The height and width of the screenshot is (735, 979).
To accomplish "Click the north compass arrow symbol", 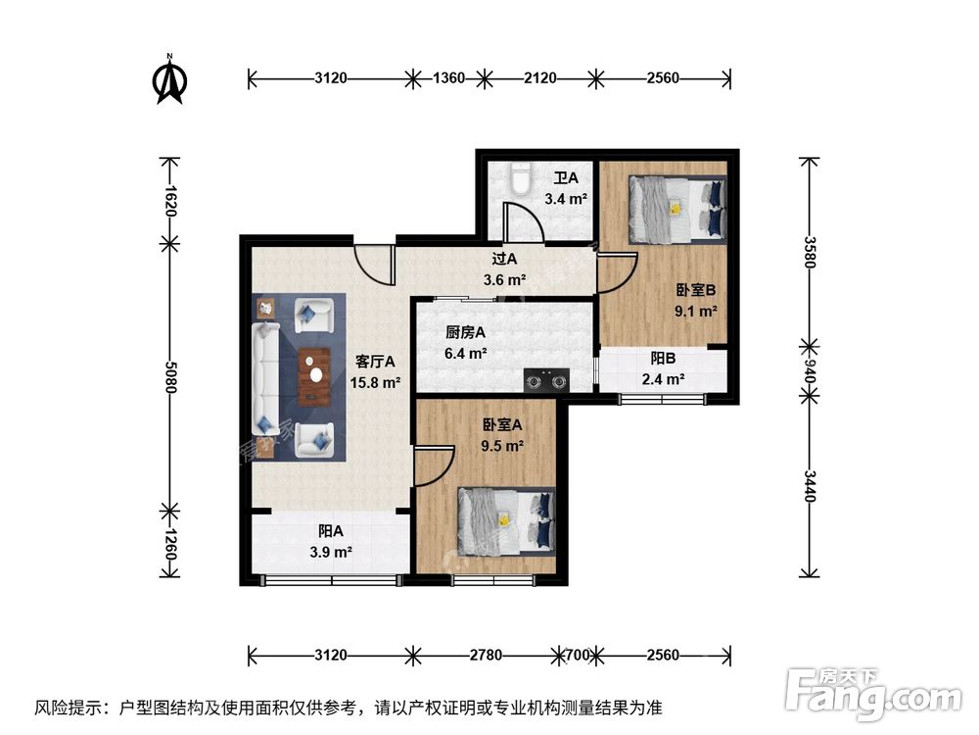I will point(170,81).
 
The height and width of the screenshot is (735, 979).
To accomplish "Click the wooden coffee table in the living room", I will point(313,376).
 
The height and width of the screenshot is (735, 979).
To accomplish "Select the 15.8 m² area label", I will point(376,382).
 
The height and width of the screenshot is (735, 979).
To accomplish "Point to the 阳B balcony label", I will point(663,360).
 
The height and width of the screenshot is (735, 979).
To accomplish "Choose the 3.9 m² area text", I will point(330,553).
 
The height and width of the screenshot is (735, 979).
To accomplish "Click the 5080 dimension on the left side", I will point(170,375).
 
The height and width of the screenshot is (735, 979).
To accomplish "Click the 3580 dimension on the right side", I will point(810,250).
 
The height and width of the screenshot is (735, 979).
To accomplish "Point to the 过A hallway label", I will point(504,260).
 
